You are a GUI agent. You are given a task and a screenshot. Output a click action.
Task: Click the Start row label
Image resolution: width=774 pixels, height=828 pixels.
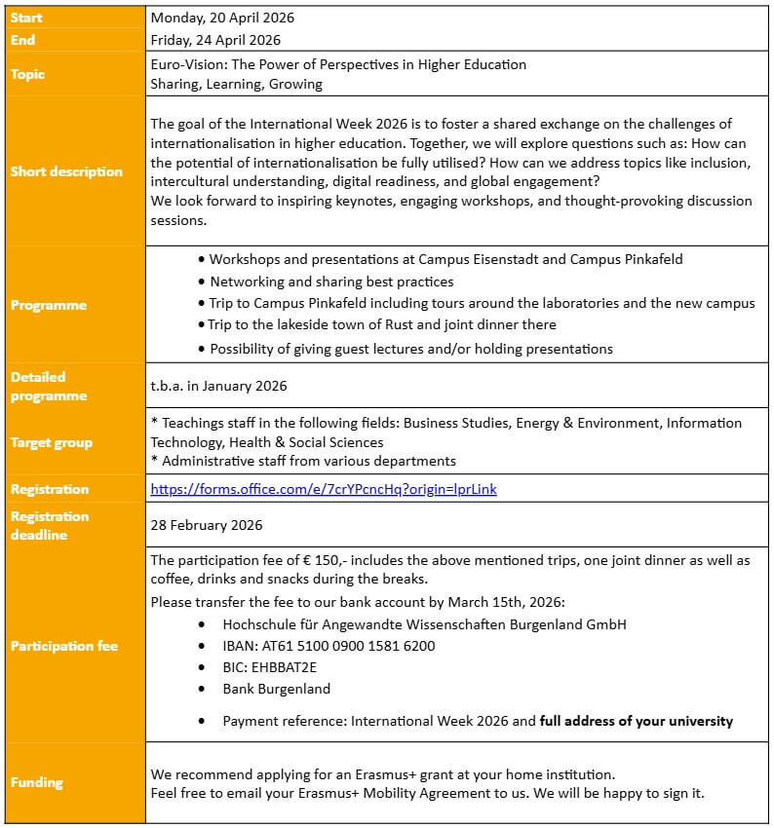pyautogui.click(x=26, y=18)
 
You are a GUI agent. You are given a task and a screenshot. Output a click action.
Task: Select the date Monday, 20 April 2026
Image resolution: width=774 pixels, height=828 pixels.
pyautogui.click(x=222, y=18)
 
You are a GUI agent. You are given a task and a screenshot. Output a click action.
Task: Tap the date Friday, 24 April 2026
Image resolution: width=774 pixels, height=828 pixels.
pyautogui.click(x=215, y=40)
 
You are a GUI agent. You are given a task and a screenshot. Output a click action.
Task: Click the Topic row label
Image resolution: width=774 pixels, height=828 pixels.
pyautogui.click(x=28, y=74)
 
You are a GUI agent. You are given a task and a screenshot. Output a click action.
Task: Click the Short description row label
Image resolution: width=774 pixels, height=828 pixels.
pyautogui.click(x=66, y=171)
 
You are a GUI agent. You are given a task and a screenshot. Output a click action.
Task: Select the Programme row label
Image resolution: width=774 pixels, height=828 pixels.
pyautogui.click(x=49, y=305)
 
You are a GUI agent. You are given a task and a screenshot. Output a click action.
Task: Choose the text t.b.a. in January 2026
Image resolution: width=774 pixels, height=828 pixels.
pyautogui.click(x=219, y=386)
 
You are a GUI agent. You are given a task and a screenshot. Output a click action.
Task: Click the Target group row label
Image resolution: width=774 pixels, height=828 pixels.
pyautogui.click(x=52, y=442)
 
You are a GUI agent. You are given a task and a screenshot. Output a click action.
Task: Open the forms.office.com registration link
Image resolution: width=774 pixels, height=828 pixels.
pyautogui.click(x=324, y=489)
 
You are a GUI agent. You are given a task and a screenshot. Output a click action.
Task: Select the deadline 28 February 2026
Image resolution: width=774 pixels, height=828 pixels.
pyautogui.click(x=207, y=525)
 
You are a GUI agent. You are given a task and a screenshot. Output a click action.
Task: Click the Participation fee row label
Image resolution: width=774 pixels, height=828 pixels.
pyautogui.click(x=63, y=646)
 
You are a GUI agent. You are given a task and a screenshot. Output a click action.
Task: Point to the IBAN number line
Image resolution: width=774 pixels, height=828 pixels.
pyautogui.click(x=329, y=646)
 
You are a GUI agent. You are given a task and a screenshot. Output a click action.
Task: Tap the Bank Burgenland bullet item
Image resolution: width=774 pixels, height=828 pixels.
pyautogui.click(x=276, y=689)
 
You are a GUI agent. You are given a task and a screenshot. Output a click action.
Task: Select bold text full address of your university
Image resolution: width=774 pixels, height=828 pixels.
pyautogui.click(x=637, y=722)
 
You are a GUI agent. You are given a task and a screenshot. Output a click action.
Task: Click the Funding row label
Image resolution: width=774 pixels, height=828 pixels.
pyautogui.click(x=37, y=782)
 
